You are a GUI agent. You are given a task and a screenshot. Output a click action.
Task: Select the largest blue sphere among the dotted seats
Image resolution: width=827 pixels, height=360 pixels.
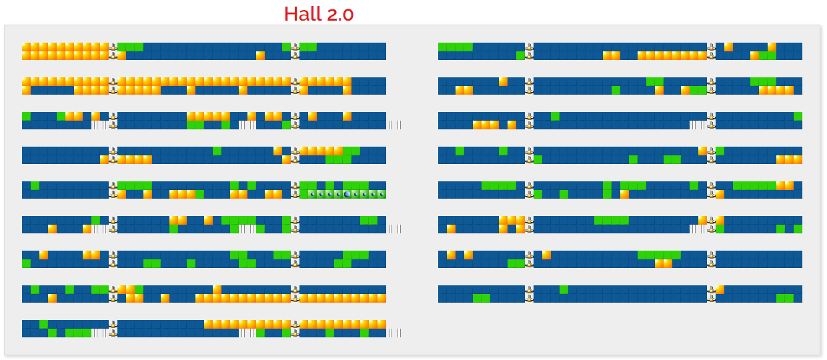pos(347,194)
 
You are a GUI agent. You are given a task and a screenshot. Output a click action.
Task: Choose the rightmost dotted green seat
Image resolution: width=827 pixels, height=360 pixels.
pos(381,194)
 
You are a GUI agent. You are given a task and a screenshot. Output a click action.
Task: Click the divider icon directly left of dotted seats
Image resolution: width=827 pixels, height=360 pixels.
pos(295,194)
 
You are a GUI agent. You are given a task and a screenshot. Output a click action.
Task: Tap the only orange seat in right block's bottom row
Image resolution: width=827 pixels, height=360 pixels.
pos(720,289)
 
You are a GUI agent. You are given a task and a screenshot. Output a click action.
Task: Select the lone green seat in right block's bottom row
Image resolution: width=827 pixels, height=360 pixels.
pos(564,289)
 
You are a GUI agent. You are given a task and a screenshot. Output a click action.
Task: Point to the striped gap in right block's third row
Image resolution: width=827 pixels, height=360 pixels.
pos(698,125)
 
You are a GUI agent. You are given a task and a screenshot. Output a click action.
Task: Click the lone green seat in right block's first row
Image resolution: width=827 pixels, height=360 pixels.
pos(520,55)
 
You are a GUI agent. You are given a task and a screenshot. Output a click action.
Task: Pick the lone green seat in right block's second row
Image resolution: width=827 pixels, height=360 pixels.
pos(616,90)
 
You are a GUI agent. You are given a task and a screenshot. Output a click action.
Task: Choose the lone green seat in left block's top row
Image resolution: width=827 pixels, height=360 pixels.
pos(286,47)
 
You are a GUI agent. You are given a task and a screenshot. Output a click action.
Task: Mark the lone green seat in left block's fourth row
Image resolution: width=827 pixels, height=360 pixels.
pos(217,151)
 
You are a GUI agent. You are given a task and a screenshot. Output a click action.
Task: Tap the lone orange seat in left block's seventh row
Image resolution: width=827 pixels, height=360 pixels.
pos(43,255)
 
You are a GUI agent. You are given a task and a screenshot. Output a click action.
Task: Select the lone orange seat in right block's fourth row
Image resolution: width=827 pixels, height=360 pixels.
pos(702,151)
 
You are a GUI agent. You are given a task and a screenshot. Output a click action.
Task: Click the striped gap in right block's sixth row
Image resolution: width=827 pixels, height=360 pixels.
pos(698,229)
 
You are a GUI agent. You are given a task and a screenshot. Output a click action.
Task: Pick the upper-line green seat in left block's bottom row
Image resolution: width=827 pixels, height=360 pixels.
pos(43,324)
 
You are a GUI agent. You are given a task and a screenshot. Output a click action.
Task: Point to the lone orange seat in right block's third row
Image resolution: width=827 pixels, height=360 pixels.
pos(512,125)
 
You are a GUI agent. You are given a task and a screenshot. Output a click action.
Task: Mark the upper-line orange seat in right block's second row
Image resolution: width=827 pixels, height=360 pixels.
pos(503,81)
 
